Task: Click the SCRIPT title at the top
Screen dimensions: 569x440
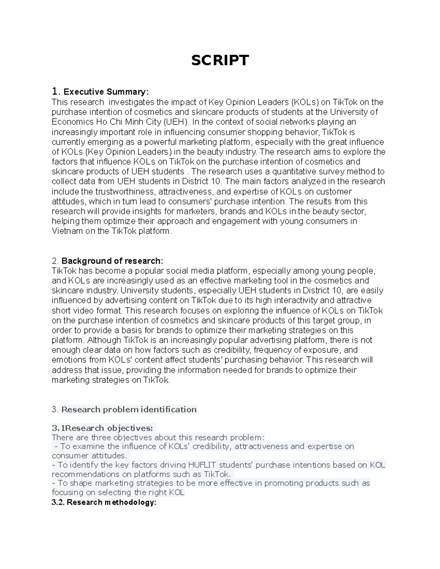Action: click(x=220, y=60)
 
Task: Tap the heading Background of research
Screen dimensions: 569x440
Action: click(x=112, y=261)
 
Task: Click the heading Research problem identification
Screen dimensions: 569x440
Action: click(x=129, y=409)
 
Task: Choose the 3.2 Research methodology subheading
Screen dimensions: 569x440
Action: click(x=104, y=502)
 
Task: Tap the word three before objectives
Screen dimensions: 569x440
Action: click(x=101, y=437)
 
